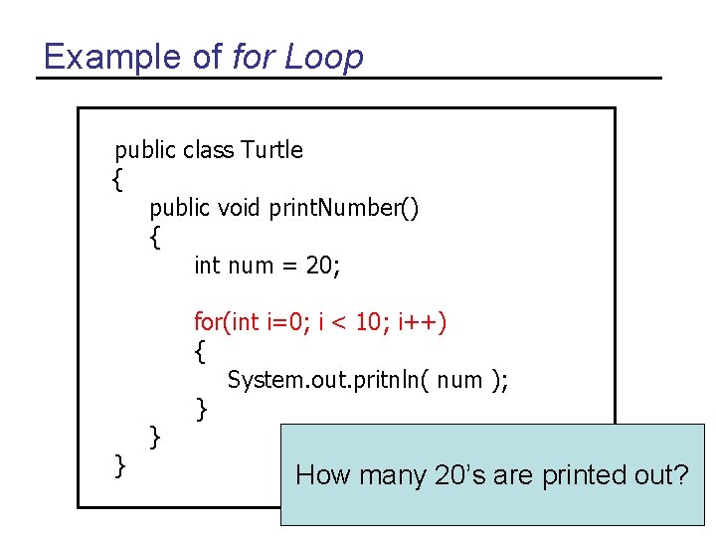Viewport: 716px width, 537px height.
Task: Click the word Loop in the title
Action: [x=324, y=57]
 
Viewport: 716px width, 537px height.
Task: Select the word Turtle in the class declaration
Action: [x=272, y=150]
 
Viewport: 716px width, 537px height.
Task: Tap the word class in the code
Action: [x=208, y=150]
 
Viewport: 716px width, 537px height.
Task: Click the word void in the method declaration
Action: [x=238, y=208]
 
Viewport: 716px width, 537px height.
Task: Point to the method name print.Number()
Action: [x=342, y=208]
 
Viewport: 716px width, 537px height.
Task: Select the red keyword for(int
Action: [x=226, y=322]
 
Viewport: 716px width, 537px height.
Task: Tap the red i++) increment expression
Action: [x=423, y=322]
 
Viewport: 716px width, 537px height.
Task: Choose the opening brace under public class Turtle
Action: [x=118, y=180]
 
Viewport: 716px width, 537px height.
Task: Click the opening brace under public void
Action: [x=154, y=238]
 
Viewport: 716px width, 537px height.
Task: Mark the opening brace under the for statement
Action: [x=201, y=351]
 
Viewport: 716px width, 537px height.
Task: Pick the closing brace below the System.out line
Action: [x=201, y=407]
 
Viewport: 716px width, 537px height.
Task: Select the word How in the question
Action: [x=322, y=475]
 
